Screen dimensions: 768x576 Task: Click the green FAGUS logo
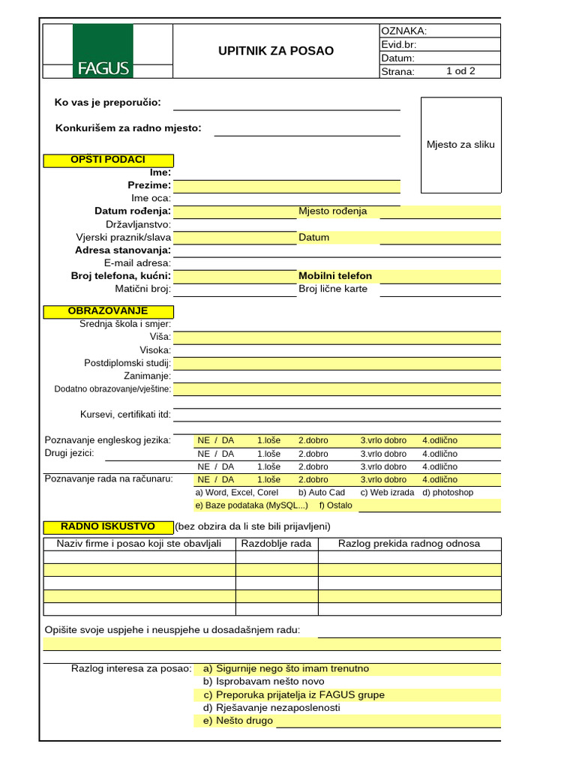pos(103,51)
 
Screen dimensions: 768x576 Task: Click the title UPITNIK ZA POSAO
pos(276,51)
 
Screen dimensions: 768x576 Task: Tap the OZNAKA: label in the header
pos(404,31)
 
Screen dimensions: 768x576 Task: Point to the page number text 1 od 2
pos(460,71)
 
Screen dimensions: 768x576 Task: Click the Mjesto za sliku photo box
pos(460,145)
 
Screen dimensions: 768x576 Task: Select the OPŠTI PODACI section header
pos(108,160)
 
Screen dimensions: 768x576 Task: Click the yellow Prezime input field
pos(286,186)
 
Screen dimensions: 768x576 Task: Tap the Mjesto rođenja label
pos(333,211)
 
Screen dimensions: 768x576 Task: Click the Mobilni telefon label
pos(335,276)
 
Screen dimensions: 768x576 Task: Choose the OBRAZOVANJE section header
pos(108,311)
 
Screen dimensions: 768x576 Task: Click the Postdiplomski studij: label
pos(127,363)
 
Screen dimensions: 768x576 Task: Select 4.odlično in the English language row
pos(439,441)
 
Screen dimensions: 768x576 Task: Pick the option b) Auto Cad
pos(322,493)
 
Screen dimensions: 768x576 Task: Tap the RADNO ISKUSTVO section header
pos(108,527)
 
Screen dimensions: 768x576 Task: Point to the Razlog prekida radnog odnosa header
pos(409,544)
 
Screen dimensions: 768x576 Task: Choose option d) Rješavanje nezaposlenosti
pos(271,708)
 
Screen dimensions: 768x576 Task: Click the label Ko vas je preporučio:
pos(108,103)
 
